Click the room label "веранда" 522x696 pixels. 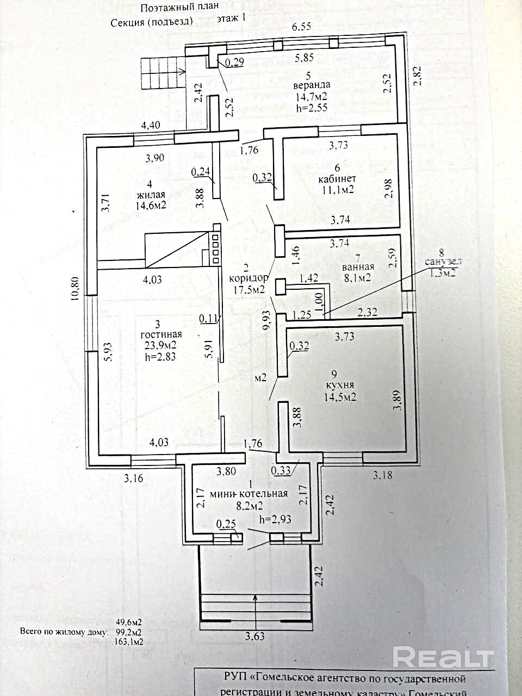click(311, 85)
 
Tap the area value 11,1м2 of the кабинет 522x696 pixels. click(337, 190)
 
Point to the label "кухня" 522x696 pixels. click(339, 386)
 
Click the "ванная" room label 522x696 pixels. click(358, 266)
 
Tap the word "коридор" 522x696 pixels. click(250, 278)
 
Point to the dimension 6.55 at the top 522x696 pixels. click(301, 27)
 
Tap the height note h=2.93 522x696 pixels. click(275, 519)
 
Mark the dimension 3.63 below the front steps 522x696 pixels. click(254, 636)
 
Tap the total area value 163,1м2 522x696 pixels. click(129, 642)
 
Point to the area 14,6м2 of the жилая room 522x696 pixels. click(151, 205)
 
